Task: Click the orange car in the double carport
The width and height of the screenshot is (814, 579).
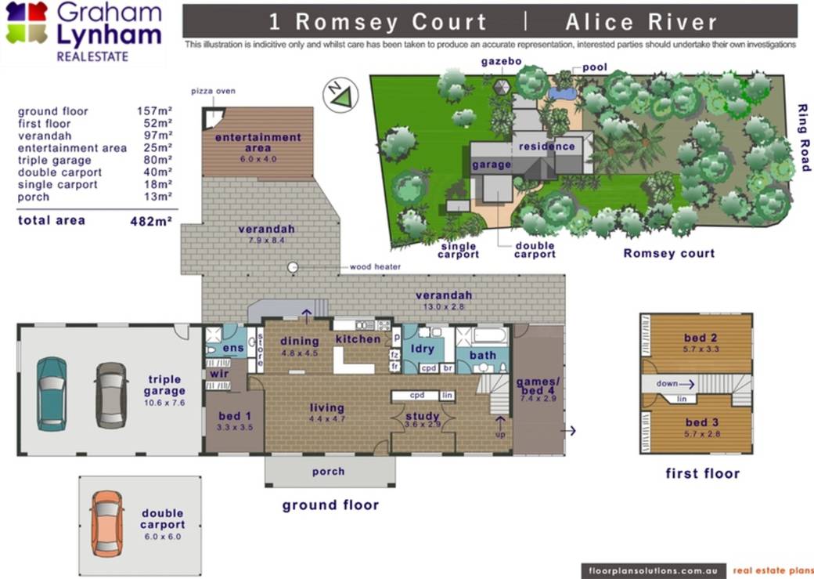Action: click(107, 524)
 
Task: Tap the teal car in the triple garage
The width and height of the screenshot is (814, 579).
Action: click(52, 393)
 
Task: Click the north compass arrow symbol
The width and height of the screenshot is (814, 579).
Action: click(340, 95)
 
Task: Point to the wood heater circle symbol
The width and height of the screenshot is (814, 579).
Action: click(294, 267)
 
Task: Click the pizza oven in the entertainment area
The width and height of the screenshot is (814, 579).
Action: click(212, 118)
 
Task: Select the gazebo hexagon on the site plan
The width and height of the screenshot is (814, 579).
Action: click(501, 87)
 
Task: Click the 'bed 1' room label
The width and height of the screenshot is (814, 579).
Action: click(235, 416)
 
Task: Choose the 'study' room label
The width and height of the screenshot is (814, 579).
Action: click(423, 416)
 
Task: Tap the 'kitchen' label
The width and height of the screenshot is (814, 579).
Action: click(358, 339)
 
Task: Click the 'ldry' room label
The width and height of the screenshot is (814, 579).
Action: click(422, 348)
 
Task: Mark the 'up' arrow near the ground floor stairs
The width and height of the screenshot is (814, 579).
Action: click(500, 422)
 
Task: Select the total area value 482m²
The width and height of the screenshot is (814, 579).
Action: click(151, 221)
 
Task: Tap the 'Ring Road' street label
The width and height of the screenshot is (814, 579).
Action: click(803, 138)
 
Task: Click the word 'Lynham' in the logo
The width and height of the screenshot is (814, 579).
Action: click(109, 36)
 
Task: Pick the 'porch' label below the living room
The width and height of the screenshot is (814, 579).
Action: click(328, 472)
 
